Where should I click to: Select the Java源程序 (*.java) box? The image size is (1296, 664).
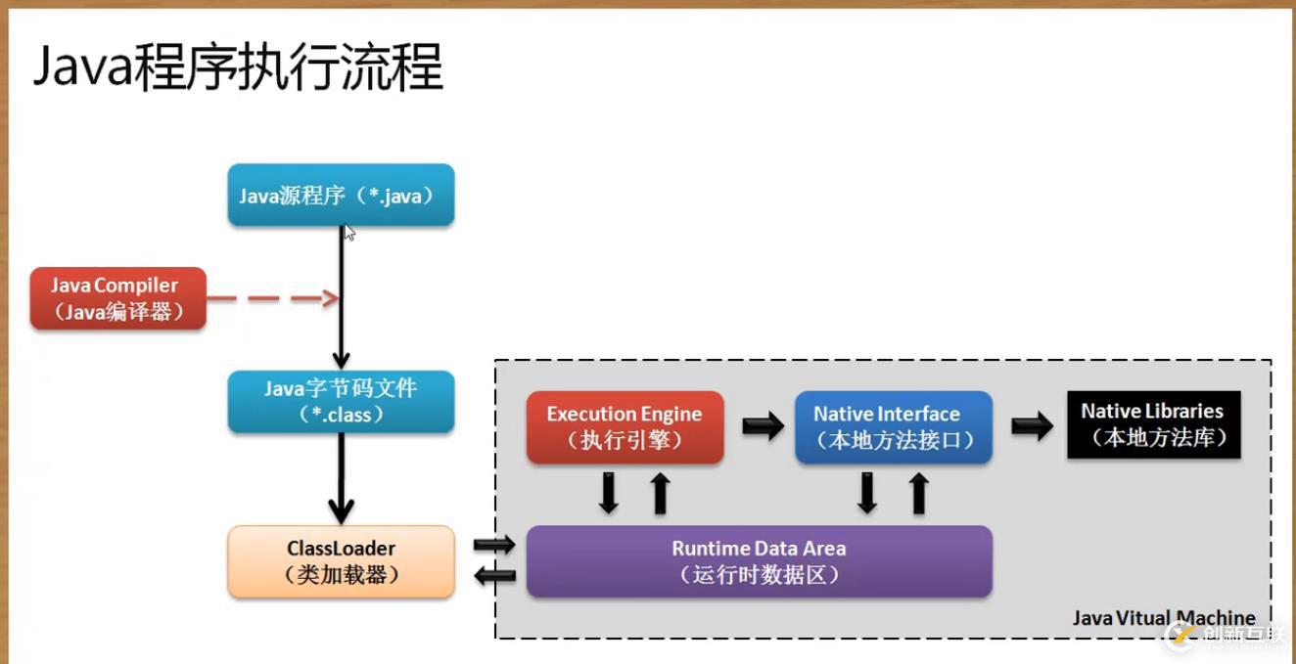point(341,195)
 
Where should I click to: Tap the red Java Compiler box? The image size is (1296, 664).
point(117,299)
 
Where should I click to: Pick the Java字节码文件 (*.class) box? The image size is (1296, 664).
point(341,401)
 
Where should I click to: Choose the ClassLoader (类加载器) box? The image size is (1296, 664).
point(341,561)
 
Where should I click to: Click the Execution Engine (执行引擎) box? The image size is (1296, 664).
point(625,426)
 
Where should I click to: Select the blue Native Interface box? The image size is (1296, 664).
point(893,426)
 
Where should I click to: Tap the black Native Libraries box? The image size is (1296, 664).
point(1153,424)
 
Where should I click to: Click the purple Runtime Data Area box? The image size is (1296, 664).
point(759,561)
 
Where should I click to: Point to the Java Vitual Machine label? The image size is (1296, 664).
point(1163,618)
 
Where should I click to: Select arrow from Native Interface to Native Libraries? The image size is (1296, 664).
point(1032,425)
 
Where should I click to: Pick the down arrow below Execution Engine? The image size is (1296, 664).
point(609,494)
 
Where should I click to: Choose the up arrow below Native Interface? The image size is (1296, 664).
point(918,494)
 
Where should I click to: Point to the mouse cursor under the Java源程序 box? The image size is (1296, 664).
point(349,233)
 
